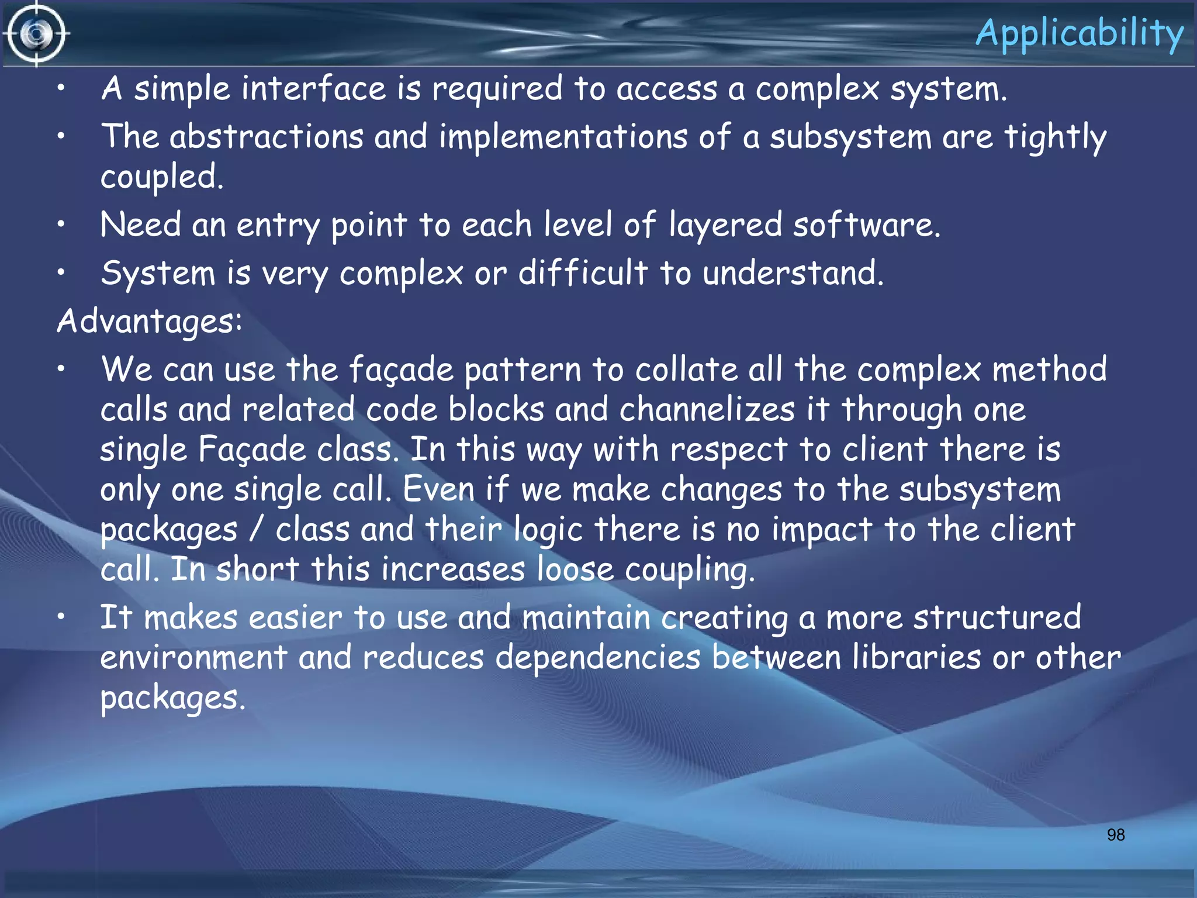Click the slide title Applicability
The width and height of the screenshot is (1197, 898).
(x=1079, y=34)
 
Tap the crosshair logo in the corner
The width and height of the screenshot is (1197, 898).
(x=36, y=34)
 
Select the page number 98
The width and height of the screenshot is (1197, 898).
(x=1115, y=835)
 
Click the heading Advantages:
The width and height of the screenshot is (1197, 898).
(x=150, y=322)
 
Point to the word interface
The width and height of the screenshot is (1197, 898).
(x=314, y=89)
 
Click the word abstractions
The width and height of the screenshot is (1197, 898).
(x=267, y=137)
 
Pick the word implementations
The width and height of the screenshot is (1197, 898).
(x=563, y=137)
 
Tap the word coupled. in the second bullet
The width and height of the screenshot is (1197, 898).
(x=162, y=178)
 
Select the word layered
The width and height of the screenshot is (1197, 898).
(x=725, y=226)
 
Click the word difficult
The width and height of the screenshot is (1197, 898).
(x=583, y=273)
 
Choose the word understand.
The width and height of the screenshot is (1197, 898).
(x=793, y=273)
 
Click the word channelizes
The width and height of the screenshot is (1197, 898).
(x=707, y=409)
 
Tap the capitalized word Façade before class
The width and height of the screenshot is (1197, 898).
(x=252, y=450)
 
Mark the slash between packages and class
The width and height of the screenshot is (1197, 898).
(x=256, y=530)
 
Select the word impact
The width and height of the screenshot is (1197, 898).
(x=822, y=530)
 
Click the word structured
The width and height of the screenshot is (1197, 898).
(x=997, y=617)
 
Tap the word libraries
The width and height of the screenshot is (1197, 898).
(x=916, y=657)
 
